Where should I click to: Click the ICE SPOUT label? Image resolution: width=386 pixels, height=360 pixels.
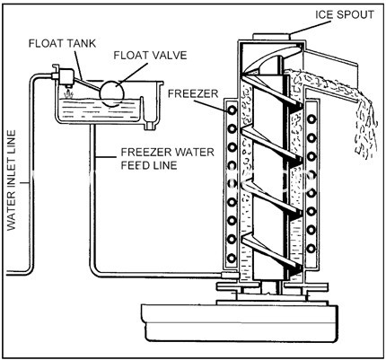345,14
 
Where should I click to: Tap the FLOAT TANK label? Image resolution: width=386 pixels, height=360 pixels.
62,43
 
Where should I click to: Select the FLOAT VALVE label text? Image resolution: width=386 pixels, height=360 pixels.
150,56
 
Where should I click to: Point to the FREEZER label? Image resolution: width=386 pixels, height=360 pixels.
193,93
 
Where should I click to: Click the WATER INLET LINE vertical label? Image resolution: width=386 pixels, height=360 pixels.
11,180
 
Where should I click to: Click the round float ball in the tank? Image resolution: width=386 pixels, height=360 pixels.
112,92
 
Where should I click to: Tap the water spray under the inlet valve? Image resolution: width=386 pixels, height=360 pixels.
68,93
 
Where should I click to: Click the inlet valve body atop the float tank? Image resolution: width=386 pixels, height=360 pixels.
65,76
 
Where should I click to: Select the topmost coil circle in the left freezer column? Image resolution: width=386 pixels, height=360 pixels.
232,110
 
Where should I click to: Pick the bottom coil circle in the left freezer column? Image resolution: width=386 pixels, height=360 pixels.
232,258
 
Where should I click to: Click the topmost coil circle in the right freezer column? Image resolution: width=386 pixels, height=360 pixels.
311,119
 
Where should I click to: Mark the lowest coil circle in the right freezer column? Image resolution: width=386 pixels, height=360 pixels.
311,248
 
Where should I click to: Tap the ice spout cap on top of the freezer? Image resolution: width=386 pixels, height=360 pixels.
272,36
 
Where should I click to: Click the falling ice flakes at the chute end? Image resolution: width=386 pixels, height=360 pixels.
366,128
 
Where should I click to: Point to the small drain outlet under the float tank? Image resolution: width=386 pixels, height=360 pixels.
150,125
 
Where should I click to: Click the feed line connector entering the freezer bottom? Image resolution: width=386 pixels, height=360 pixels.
230,275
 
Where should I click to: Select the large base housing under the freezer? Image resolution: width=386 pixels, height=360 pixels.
240,322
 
